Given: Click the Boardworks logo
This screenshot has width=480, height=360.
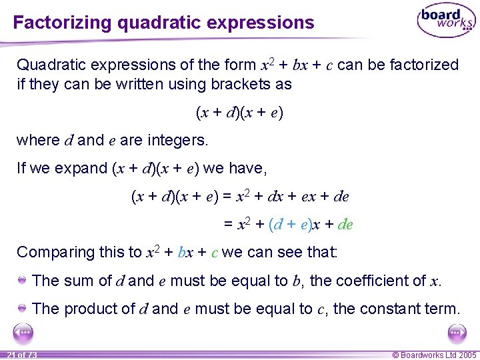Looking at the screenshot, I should tap(445, 21).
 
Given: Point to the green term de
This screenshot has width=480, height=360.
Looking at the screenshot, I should tap(345, 225).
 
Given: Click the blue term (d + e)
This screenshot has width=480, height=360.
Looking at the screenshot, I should tap(289, 225).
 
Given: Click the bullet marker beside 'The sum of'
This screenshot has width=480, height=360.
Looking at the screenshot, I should tap(22, 280).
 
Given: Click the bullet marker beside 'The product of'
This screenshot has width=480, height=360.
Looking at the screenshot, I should tap(22, 308).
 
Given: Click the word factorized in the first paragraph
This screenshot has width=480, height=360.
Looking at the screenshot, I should tap(426, 65).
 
